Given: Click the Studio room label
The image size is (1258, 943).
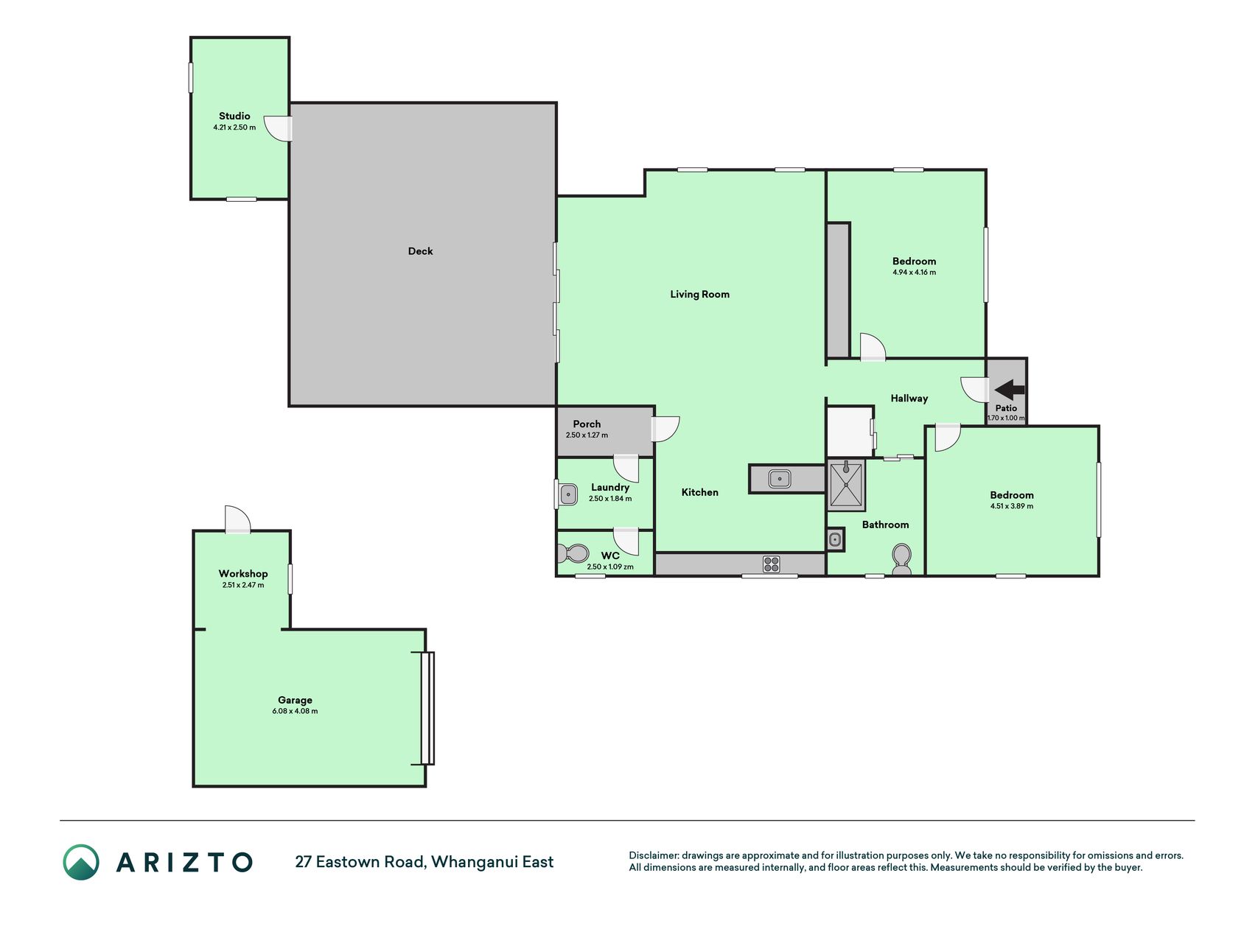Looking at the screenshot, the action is click(x=234, y=116).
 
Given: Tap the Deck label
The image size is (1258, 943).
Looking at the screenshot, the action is click(x=420, y=251).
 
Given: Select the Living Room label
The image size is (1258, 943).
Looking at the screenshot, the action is click(x=699, y=294).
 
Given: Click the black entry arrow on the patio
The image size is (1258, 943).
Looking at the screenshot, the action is click(x=1009, y=390).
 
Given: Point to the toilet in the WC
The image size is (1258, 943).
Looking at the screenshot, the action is click(x=573, y=553).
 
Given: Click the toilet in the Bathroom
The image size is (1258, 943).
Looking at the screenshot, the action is click(x=901, y=559).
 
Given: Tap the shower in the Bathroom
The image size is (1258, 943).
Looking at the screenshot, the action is click(x=846, y=485).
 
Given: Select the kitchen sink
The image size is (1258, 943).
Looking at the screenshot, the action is click(x=780, y=479).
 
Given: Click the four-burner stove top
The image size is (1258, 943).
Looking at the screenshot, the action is click(x=771, y=564).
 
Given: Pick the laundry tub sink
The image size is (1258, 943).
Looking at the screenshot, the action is click(x=568, y=494).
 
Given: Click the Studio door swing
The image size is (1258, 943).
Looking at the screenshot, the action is click(x=279, y=129).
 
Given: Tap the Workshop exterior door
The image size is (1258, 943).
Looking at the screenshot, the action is click(x=238, y=519).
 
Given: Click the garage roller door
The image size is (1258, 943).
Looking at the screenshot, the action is click(x=427, y=708).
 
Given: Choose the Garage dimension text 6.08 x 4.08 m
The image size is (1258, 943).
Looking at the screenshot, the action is click(x=295, y=711).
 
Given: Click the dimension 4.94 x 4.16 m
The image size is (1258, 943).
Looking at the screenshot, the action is click(x=914, y=272).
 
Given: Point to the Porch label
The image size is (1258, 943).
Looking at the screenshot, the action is click(x=587, y=424).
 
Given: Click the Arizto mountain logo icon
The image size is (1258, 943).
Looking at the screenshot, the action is click(x=81, y=862).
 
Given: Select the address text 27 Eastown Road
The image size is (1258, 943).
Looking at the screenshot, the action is click(x=360, y=862).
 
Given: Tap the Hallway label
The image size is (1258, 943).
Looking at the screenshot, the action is click(x=909, y=399).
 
